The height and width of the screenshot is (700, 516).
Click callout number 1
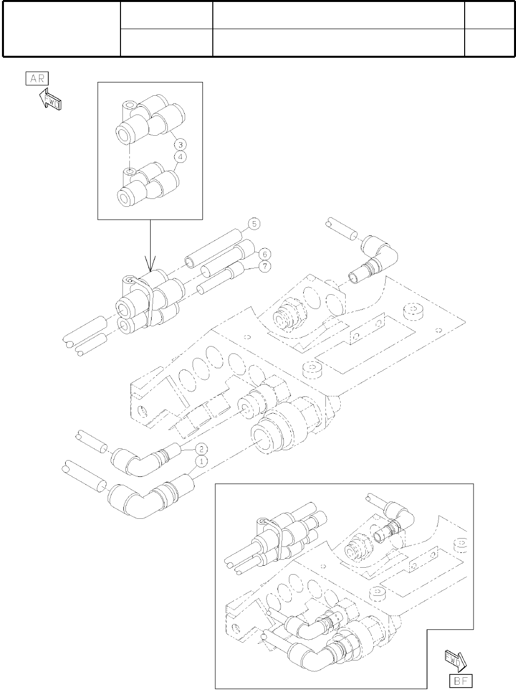(x=201, y=461)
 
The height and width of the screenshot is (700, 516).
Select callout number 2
(x=201, y=449)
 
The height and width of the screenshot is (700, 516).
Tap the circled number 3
(x=180, y=145)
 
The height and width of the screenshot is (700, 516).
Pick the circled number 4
(x=180, y=157)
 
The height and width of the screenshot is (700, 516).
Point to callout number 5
(x=254, y=224)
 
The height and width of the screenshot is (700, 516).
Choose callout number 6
(x=265, y=254)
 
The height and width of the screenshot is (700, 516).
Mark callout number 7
(x=265, y=267)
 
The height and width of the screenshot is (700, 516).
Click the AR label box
(x=37, y=79)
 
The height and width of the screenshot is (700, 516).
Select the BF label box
(x=460, y=681)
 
